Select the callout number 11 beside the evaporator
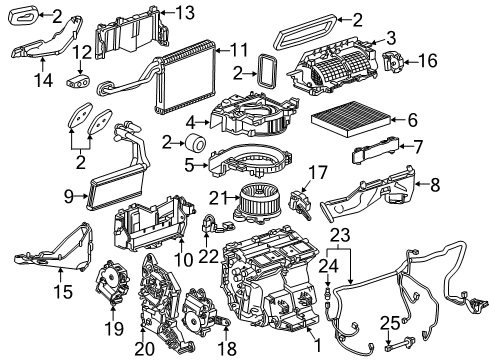[x=239, y=50]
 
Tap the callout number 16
[x=428, y=61]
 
